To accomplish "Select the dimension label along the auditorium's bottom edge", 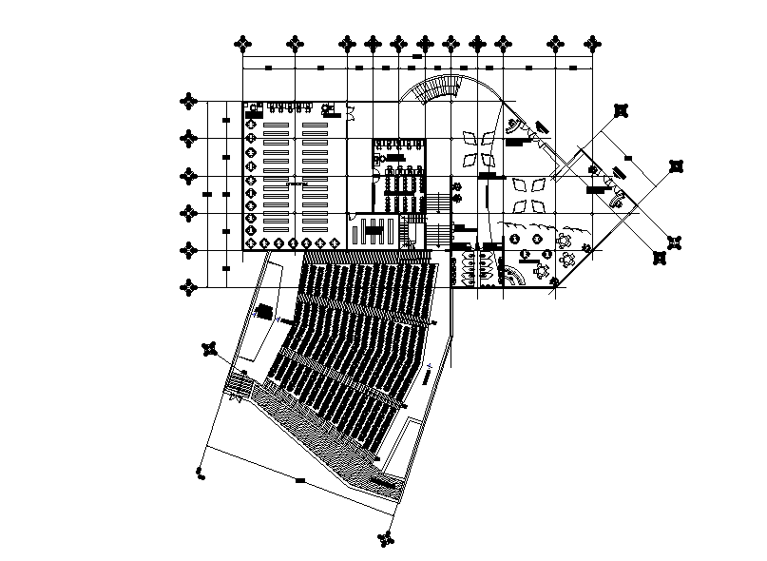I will pos(300,480).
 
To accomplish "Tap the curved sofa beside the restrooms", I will pos(515,276).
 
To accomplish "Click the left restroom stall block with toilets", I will pos(468,268).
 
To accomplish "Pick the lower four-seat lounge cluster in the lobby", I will pos(526,193).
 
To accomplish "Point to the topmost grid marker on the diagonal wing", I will pos(622,110).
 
